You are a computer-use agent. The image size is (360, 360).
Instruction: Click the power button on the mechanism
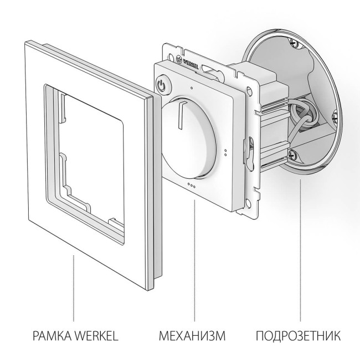[162, 85]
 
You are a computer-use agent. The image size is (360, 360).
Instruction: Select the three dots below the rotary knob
[191, 185]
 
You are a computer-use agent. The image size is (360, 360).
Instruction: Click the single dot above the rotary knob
[191, 88]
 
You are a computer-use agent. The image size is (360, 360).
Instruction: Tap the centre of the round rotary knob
[188, 136]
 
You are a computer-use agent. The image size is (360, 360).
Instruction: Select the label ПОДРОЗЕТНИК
[299, 336]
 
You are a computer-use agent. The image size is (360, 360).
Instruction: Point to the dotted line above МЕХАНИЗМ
[194, 260]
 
